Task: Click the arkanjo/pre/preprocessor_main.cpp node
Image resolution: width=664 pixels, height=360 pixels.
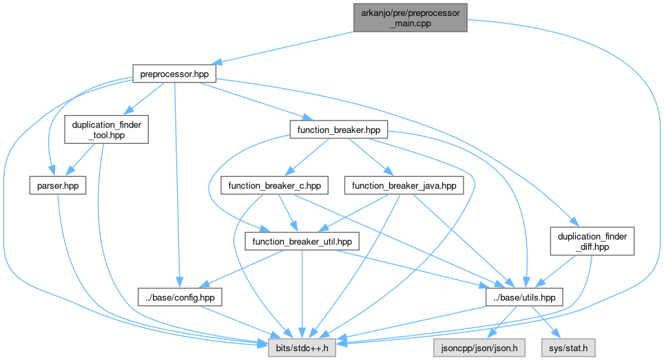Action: (411, 17)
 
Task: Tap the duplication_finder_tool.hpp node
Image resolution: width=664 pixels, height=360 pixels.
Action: (105, 129)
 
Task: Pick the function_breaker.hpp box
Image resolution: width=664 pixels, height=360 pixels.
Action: (339, 129)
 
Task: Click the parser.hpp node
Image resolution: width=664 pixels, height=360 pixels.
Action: (58, 185)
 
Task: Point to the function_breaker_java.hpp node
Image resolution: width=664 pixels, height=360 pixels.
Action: (403, 185)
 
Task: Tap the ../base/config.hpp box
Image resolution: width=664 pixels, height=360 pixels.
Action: (177, 297)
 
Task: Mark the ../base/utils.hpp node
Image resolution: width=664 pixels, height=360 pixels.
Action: (525, 297)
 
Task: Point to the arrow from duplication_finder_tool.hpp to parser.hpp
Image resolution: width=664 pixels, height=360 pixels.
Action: (81, 160)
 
